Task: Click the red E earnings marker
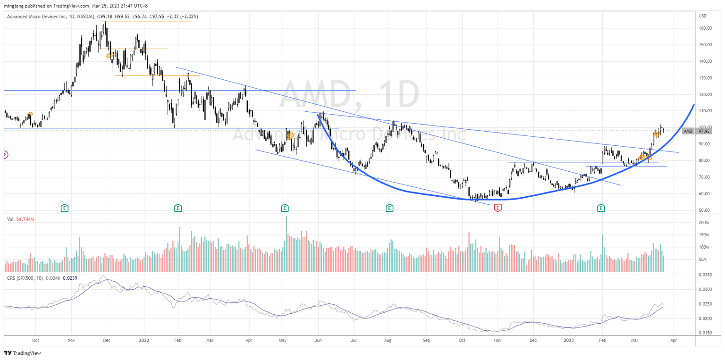coord(497,208)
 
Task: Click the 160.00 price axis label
coord(705,28)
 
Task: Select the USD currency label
coord(702,16)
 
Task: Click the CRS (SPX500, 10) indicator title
coord(25,278)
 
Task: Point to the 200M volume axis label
coord(705,223)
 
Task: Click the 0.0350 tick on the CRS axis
coord(706,274)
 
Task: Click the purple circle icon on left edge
coord(5,154)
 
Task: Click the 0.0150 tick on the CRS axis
coord(706,333)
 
